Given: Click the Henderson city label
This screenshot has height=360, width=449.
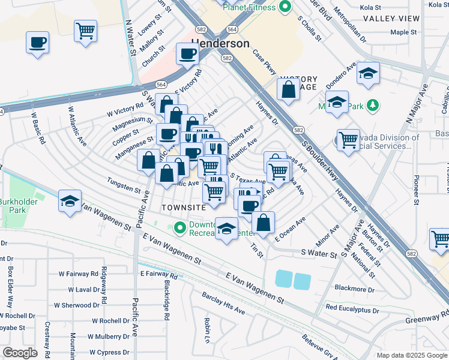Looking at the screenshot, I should click(220, 44).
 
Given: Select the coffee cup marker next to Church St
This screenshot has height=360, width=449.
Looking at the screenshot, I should click(187, 55).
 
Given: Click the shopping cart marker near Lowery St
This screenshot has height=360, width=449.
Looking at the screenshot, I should click(85, 30).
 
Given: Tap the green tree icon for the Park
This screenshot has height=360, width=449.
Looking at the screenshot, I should click(373, 106).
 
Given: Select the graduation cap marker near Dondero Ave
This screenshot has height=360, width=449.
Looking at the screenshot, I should click(368, 74).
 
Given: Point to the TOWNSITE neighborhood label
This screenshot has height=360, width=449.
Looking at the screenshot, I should click(184, 207).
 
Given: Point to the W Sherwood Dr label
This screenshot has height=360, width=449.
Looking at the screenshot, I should click(72, 305).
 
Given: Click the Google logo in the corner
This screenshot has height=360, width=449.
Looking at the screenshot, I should click(20, 352).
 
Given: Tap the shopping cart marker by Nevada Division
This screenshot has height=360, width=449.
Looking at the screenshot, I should click(348, 140).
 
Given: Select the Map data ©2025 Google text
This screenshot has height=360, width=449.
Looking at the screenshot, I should click(411, 355).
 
